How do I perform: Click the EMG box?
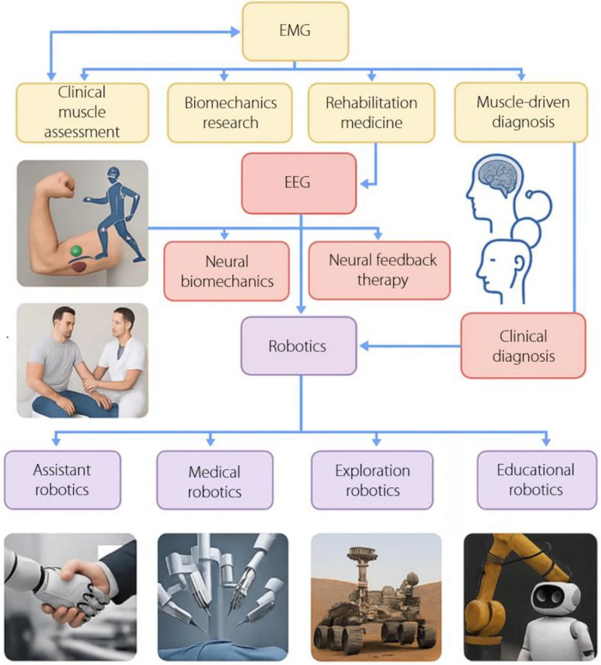pos(295,31)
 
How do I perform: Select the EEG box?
pos(298,183)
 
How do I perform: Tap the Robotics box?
pos(298,346)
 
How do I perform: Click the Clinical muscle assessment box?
pos(82,113)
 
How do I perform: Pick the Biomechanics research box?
pos(230,113)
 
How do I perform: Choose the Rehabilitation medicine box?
pos(371,113)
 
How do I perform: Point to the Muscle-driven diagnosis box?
pos(521,113)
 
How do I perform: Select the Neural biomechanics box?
pos(226,271)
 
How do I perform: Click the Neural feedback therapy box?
pos(380,270)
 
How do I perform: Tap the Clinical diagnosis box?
pos(523,346)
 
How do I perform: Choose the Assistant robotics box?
pos(62,480)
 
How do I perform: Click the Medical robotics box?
pos(214,480)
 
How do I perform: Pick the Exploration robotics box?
pos(372,480)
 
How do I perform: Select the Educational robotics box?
pos(536,480)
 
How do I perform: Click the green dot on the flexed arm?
pos(76,251)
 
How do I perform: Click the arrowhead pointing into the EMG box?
pos(235,31)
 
